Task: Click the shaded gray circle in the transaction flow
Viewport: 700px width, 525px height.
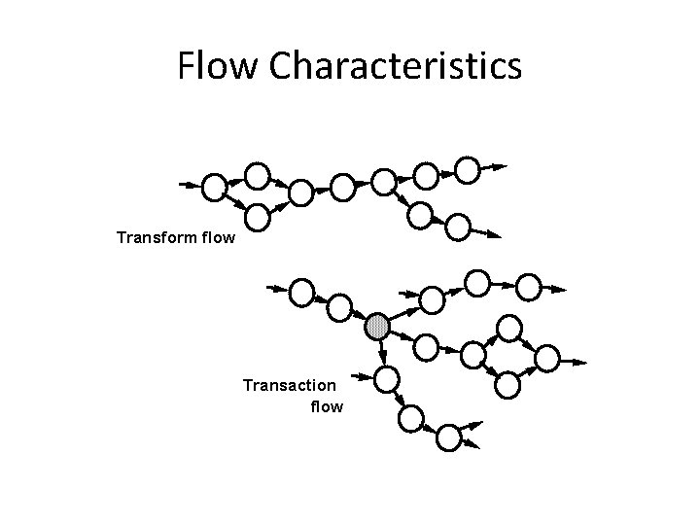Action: click(x=378, y=327)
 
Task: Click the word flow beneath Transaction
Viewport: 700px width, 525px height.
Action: click(x=327, y=406)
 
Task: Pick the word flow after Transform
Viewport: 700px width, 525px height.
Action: click(x=215, y=236)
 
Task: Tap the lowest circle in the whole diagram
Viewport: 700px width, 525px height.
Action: click(x=448, y=437)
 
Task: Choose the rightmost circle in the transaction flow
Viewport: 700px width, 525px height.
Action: click(x=548, y=359)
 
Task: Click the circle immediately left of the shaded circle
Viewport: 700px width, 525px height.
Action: click(x=338, y=307)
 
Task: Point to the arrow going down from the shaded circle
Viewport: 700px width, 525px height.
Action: click(x=383, y=351)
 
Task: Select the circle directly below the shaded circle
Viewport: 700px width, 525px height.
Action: click(x=387, y=377)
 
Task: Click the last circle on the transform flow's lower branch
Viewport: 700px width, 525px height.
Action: click(x=458, y=227)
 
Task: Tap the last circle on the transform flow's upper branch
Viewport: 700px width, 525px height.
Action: click(x=469, y=171)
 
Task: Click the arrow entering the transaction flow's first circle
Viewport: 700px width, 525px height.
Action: click(x=276, y=289)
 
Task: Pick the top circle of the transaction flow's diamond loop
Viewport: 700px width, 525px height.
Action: click(x=507, y=327)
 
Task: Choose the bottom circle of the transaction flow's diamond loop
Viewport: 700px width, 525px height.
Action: click(x=507, y=385)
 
